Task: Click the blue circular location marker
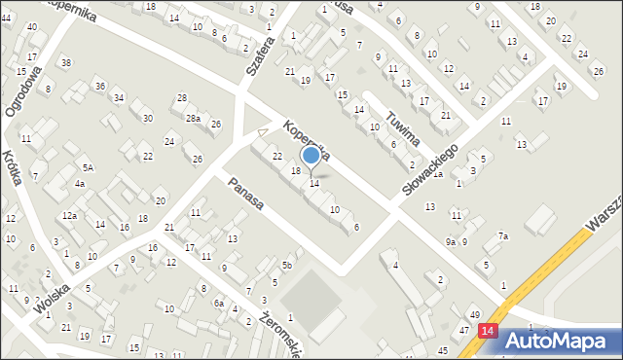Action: click(311, 155)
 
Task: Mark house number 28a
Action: click(194, 119)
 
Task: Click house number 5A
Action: click(88, 168)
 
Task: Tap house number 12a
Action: click(69, 215)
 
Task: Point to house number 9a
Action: click(450, 241)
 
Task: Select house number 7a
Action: click(502, 235)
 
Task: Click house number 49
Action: click(474, 314)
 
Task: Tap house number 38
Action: click(65, 63)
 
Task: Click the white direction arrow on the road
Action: click(261, 132)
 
